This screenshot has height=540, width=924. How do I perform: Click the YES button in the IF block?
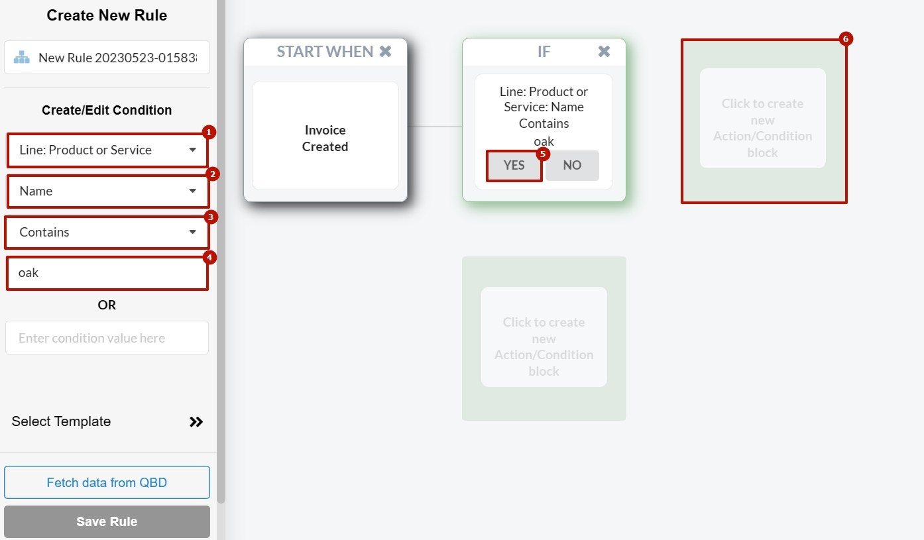pos(514,166)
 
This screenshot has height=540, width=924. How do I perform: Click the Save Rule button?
pos(107,521)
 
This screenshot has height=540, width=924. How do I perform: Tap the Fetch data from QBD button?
pos(107,482)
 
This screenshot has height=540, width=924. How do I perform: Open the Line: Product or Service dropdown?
pos(107,150)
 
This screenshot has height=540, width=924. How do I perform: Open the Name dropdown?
pos(107,191)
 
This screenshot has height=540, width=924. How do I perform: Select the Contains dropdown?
pos(107,233)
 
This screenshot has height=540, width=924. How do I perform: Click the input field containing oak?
pos(107,273)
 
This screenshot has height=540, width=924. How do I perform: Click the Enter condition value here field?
pos(107,338)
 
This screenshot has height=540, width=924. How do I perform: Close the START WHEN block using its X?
pos(385,52)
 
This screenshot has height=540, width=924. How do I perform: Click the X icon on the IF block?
pos(604,52)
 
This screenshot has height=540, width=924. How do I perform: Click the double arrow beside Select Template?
pos(196,422)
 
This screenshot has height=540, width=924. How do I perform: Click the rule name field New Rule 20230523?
pos(113,58)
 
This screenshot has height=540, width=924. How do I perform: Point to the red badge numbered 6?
pos(845,39)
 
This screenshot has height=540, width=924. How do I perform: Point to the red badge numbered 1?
pos(208,132)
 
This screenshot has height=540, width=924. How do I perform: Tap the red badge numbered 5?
pos(543,154)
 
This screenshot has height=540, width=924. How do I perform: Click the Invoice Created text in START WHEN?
pos(325,138)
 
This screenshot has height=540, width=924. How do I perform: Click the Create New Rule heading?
pos(107,16)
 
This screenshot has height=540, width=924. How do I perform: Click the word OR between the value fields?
pos(107,305)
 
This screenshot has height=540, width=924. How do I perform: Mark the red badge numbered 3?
pos(211,217)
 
